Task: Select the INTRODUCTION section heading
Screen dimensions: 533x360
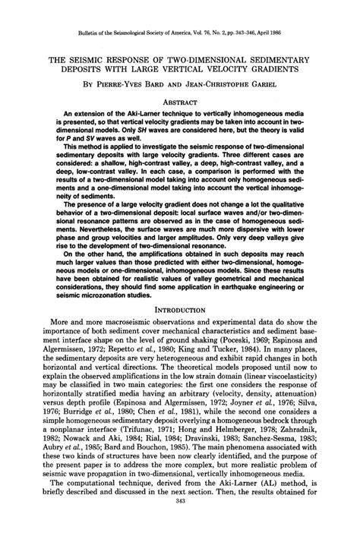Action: click(180, 331)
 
